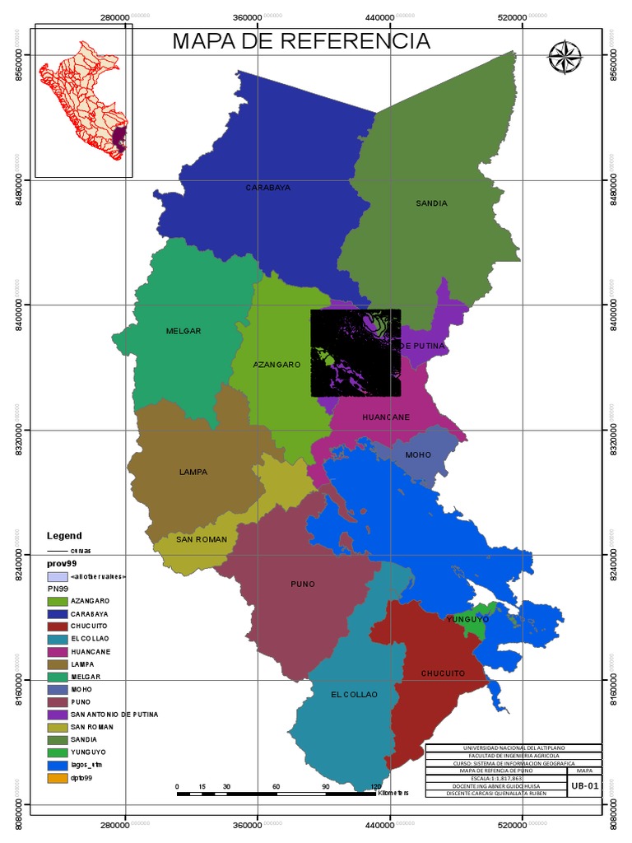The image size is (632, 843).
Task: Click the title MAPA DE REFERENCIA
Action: (x=300, y=41)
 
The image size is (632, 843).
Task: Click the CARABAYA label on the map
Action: (x=267, y=188)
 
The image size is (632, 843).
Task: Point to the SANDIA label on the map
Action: (x=431, y=203)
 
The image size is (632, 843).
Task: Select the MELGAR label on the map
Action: (x=183, y=331)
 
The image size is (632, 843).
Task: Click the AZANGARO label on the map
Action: (x=276, y=364)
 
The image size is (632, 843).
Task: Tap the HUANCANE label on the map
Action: (x=386, y=417)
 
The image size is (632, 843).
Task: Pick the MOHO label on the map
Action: (x=418, y=454)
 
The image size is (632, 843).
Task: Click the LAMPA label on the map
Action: (x=193, y=473)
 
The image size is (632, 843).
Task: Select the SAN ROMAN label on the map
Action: (x=201, y=539)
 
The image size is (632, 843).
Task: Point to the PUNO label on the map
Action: (x=303, y=585)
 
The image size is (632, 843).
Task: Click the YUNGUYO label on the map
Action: (x=467, y=619)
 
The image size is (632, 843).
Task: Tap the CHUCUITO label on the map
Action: (x=443, y=673)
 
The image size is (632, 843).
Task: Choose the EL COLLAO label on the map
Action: (x=354, y=695)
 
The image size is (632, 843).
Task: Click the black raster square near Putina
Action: (x=355, y=352)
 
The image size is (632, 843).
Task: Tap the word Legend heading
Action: (x=64, y=536)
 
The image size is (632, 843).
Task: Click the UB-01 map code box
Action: (x=584, y=786)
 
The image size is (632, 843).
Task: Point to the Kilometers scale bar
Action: (x=276, y=792)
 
